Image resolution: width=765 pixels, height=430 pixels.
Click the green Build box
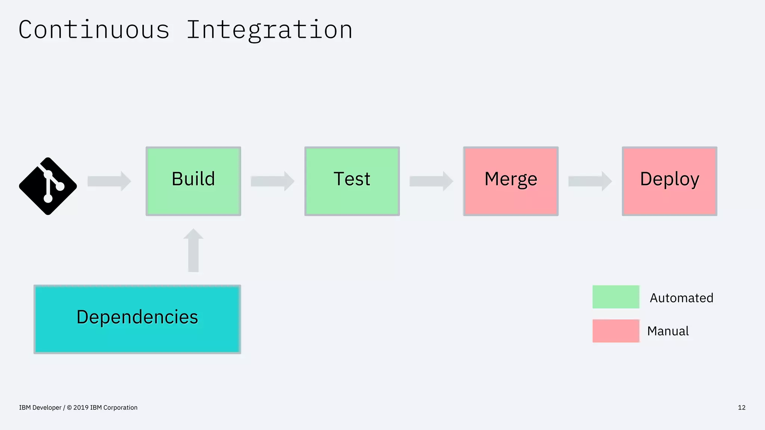[x=193, y=181]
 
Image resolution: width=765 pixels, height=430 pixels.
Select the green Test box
[x=352, y=181]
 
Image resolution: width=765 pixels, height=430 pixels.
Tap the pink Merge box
[x=511, y=181]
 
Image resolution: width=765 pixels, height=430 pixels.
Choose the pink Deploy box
[x=669, y=181]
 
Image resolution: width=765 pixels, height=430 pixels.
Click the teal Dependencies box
[x=137, y=319]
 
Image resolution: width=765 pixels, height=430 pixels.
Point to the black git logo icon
[x=48, y=186]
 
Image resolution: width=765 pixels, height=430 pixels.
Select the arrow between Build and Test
[x=272, y=181]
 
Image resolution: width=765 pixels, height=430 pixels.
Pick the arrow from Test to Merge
[x=431, y=181]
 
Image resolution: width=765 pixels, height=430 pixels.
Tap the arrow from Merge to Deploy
[x=590, y=181]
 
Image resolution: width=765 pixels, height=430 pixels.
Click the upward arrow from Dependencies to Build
[x=193, y=251]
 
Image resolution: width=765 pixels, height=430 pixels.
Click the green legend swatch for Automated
[x=616, y=297]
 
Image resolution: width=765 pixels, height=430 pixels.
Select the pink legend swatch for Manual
[x=616, y=331]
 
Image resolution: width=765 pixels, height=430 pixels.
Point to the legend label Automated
[x=681, y=298]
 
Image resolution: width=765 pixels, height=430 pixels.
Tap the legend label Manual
[x=668, y=331]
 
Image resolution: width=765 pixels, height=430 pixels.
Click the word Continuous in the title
[x=94, y=30]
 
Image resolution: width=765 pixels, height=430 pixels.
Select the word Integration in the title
[x=269, y=30]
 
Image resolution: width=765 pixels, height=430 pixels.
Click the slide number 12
[x=741, y=408]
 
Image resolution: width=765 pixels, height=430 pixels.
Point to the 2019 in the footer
[x=81, y=408]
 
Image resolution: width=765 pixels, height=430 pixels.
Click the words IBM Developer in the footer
[x=40, y=408]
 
